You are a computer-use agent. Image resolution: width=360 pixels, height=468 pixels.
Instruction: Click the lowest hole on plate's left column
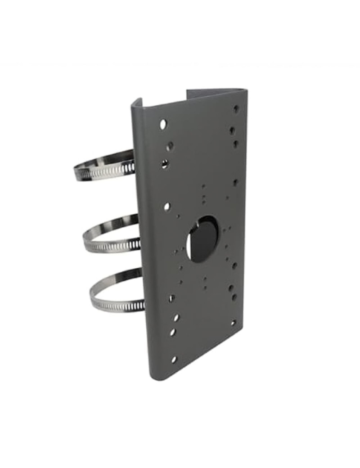tap(174, 359)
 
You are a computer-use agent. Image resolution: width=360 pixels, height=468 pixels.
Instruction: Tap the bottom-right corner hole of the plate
tap(233, 323)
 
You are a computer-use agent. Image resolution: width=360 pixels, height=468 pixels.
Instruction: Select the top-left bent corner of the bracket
tap(135, 106)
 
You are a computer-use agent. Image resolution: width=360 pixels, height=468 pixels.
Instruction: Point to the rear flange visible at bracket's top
tap(211, 93)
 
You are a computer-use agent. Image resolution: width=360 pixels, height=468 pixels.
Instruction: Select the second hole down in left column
tap(170, 145)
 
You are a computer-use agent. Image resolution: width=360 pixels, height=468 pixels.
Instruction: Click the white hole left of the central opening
tap(167, 207)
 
